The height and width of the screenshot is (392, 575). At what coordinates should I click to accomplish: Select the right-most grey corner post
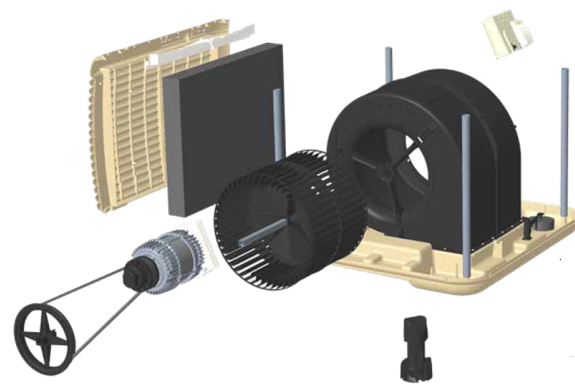(564, 136)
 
